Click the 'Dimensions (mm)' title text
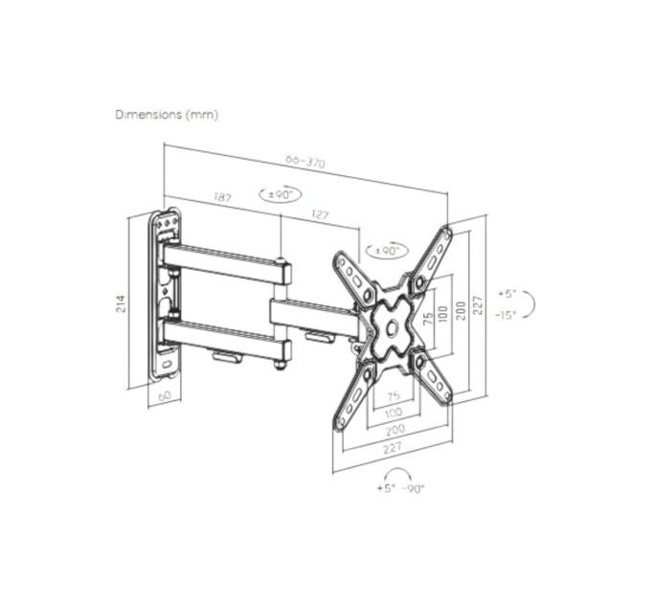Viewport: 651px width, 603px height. tap(167, 115)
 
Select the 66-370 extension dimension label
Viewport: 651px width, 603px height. tap(305, 162)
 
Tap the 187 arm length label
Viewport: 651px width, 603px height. tap(222, 197)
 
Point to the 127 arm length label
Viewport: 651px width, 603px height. tap(320, 214)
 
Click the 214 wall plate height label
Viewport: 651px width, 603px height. tap(120, 303)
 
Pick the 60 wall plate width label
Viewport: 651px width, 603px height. tap(165, 395)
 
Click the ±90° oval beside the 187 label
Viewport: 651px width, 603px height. tap(281, 194)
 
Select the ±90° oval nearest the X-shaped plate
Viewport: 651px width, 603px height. tap(387, 250)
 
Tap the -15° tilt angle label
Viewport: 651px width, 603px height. tap(505, 315)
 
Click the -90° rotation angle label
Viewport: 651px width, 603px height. tap(414, 489)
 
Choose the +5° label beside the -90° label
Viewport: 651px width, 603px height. tap(386, 488)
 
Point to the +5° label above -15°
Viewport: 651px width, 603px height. tap(506, 294)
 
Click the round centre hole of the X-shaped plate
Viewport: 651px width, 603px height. tap(391, 327)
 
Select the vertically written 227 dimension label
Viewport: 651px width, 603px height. tap(479, 305)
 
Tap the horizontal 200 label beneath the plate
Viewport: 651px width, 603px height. tap(394, 429)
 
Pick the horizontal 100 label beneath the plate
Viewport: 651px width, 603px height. tap(393, 413)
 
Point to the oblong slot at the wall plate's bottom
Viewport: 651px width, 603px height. tap(167, 365)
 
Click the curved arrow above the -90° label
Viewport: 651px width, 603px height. tap(397, 470)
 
